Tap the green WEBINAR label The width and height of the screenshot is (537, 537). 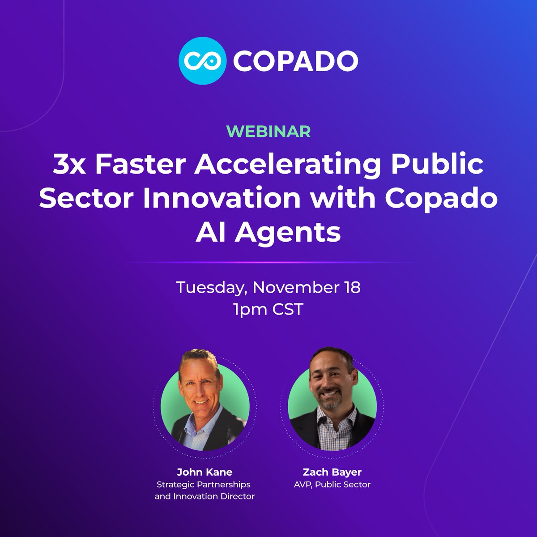[x=268, y=131]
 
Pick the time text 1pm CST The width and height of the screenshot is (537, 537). [x=268, y=309]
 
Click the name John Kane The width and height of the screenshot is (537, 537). [x=205, y=472]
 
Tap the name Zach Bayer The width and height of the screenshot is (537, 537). [x=332, y=472]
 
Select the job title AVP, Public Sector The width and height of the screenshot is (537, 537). [x=332, y=484]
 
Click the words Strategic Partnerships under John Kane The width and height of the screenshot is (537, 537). [x=203, y=484]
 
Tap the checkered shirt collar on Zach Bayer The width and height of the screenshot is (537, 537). [x=333, y=418]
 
